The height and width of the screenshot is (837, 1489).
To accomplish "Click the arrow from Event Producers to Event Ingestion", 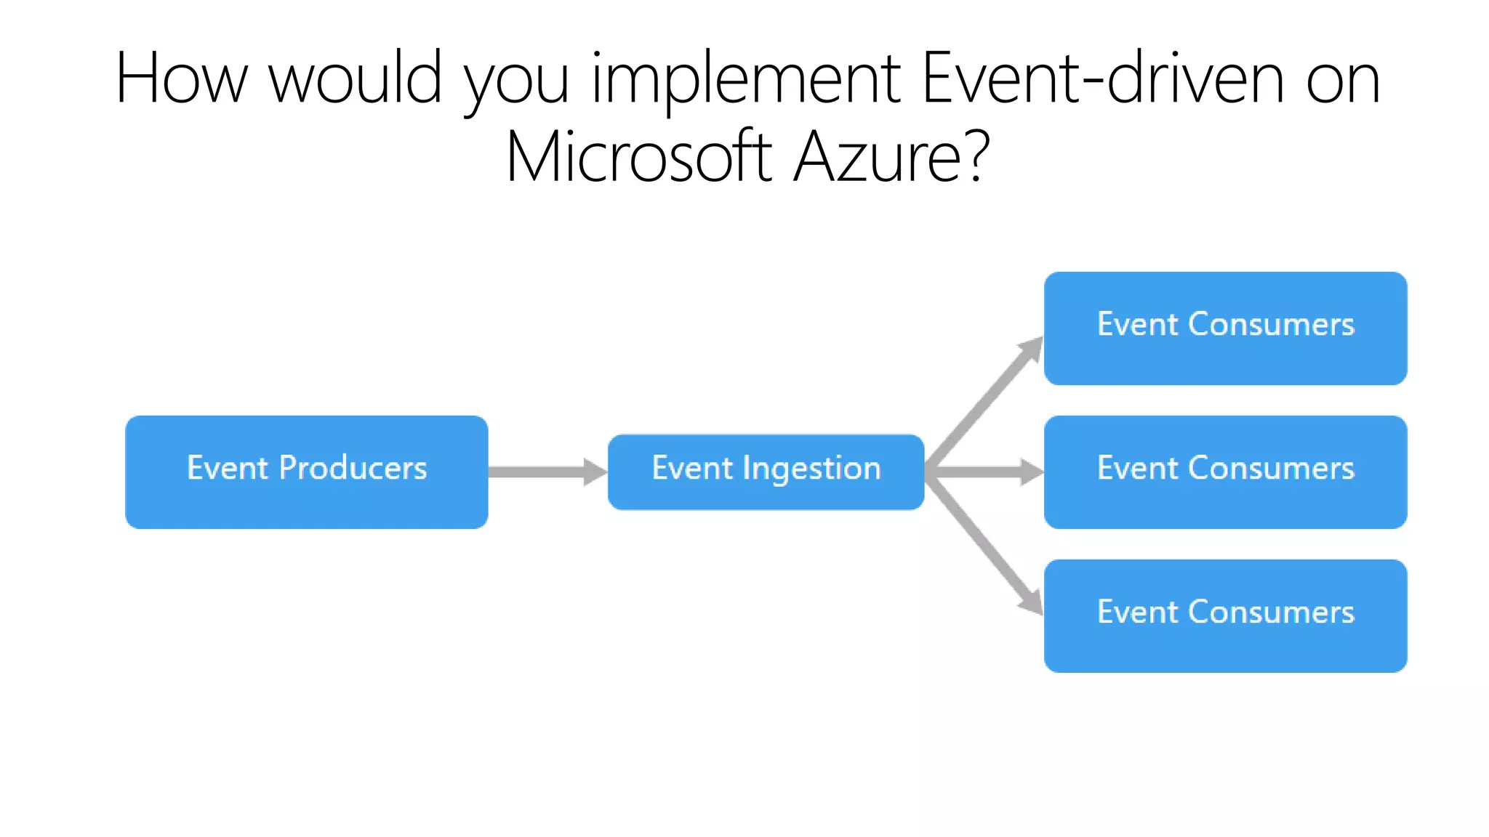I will (x=545, y=472).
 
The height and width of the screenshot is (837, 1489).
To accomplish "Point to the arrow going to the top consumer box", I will (x=985, y=403).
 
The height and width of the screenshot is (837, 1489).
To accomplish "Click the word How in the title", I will (x=182, y=78).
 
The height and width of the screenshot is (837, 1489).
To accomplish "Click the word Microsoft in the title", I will (x=638, y=157).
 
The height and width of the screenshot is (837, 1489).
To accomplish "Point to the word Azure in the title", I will (x=880, y=157).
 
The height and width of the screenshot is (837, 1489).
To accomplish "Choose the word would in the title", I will (x=356, y=78).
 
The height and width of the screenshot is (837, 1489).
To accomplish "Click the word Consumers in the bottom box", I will (x=1271, y=612).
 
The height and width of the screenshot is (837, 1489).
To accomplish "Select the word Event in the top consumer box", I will (x=1137, y=324).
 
